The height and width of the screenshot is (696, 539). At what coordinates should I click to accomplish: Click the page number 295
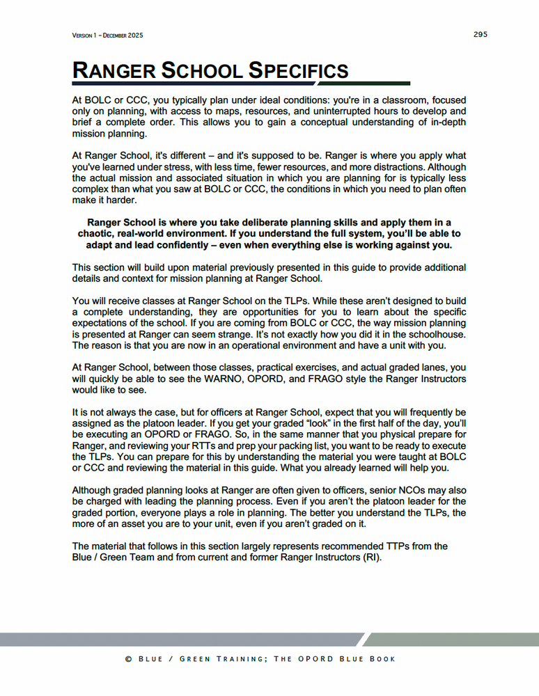480,34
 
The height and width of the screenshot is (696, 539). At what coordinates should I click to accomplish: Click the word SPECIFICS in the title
298,70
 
